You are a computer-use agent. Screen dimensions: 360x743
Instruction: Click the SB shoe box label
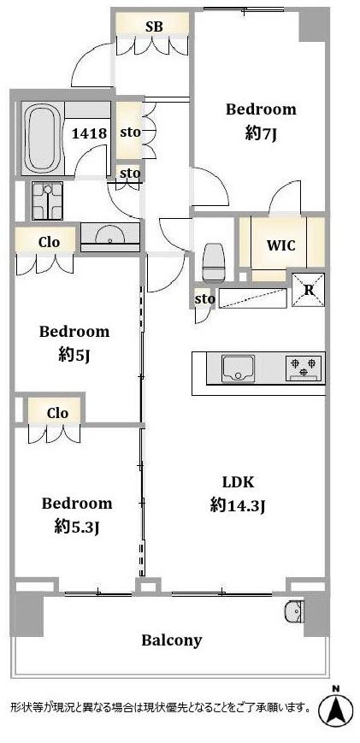155,27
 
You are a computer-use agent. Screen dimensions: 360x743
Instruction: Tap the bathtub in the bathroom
42,139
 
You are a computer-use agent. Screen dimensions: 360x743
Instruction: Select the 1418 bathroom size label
89,133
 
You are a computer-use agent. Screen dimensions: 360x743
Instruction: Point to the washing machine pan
47,201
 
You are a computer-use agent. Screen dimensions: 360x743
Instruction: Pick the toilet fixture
214,262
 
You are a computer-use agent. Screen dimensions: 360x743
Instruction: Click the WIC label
280,245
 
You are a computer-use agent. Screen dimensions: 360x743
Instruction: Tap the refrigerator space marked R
309,290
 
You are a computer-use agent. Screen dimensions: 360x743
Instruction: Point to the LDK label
239,483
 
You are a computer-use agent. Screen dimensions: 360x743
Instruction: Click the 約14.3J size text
238,506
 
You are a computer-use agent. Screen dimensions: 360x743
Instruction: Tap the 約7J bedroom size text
261,134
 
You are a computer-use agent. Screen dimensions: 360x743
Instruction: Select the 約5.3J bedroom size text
77,528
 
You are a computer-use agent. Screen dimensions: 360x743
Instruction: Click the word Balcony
172,640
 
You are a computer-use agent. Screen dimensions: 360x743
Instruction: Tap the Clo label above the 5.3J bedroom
57,413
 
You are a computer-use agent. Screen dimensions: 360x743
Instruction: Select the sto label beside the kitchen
204,299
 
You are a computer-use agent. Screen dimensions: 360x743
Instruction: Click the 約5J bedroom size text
74,356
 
